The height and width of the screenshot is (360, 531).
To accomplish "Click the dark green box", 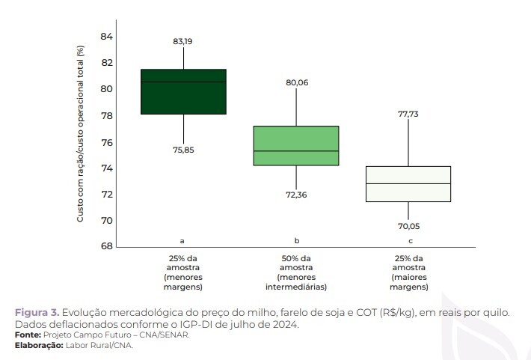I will pyautogui.click(x=183, y=91).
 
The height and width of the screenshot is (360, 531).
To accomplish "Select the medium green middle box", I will pyautogui.click(x=296, y=145).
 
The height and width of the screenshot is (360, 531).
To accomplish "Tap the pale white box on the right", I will pyautogui.click(x=408, y=183).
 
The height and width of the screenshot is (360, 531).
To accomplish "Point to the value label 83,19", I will pyautogui.click(x=182, y=41).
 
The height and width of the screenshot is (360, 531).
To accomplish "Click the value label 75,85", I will pyautogui.click(x=182, y=150).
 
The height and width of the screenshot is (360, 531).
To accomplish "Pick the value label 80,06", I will pyautogui.click(x=297, y=82).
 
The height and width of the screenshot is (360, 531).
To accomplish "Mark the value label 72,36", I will pyautogui.click(x=296, y=195).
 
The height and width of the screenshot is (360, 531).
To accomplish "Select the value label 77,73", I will pyautogui.click(x=408, y=114).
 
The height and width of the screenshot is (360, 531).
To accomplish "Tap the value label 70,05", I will pyautogui.click(x=408, y=225).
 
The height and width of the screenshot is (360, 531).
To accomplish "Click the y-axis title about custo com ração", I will pyautogui.click(x=80, y=134).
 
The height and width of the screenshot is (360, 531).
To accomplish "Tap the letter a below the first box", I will pyautogui.click(x=182, y=241).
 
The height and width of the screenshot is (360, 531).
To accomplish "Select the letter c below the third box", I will pyautogui.click(x=410, y=241).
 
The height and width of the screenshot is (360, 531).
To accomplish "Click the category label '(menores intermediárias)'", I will pyautogui.click(x=296, y=281).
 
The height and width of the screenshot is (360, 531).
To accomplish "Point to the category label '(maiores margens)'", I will pyautogui.click(x=409, y=281).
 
